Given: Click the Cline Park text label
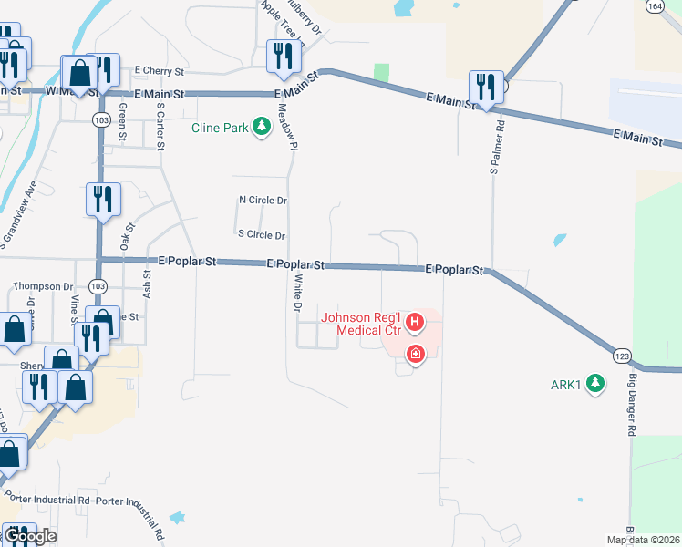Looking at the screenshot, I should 220,128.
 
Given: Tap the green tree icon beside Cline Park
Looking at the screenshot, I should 263,126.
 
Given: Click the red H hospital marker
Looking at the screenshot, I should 415,322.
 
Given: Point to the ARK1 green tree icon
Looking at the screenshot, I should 595,383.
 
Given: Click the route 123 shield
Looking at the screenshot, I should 622,354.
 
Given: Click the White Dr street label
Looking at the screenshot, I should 295,294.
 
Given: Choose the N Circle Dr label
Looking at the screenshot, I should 263,200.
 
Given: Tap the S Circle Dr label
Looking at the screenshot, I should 262,234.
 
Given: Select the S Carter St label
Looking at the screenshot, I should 160,125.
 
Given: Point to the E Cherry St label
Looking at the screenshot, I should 160,70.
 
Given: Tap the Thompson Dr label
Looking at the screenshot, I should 43,286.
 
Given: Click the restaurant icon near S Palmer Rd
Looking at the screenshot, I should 484,88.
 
